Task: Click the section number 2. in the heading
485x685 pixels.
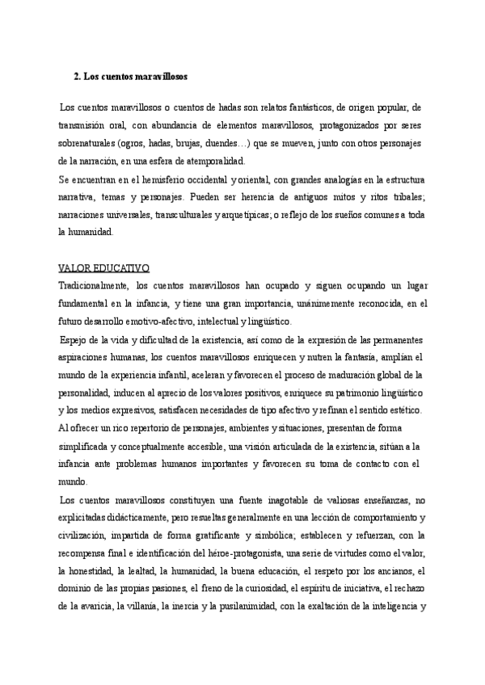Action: coord(77,78)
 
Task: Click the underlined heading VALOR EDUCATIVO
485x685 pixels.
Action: coord(104,268)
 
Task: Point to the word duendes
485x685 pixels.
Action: coord(230,143)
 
